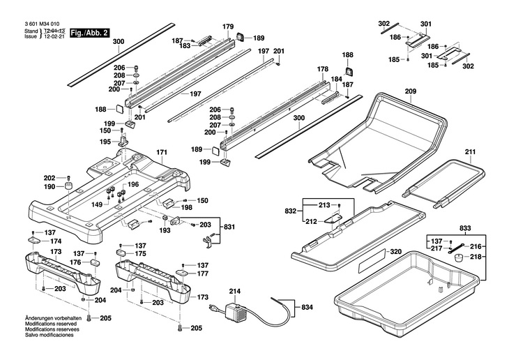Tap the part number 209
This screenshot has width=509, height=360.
point(410,92)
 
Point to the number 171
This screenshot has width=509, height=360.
point(162,152)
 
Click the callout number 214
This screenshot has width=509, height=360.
point(234,291)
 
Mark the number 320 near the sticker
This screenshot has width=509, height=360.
point(395,252)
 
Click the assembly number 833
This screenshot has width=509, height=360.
point(464,228)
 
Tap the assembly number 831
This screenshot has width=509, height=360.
point(229,227)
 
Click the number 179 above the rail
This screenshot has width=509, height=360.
point(228,27)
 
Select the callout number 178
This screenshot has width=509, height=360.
point(322,70)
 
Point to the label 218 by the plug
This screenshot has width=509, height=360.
point(476,257)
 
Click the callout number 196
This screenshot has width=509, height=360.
point(133,184)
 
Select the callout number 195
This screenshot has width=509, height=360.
point(105,142)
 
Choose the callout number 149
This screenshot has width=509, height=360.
point(98,204)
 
